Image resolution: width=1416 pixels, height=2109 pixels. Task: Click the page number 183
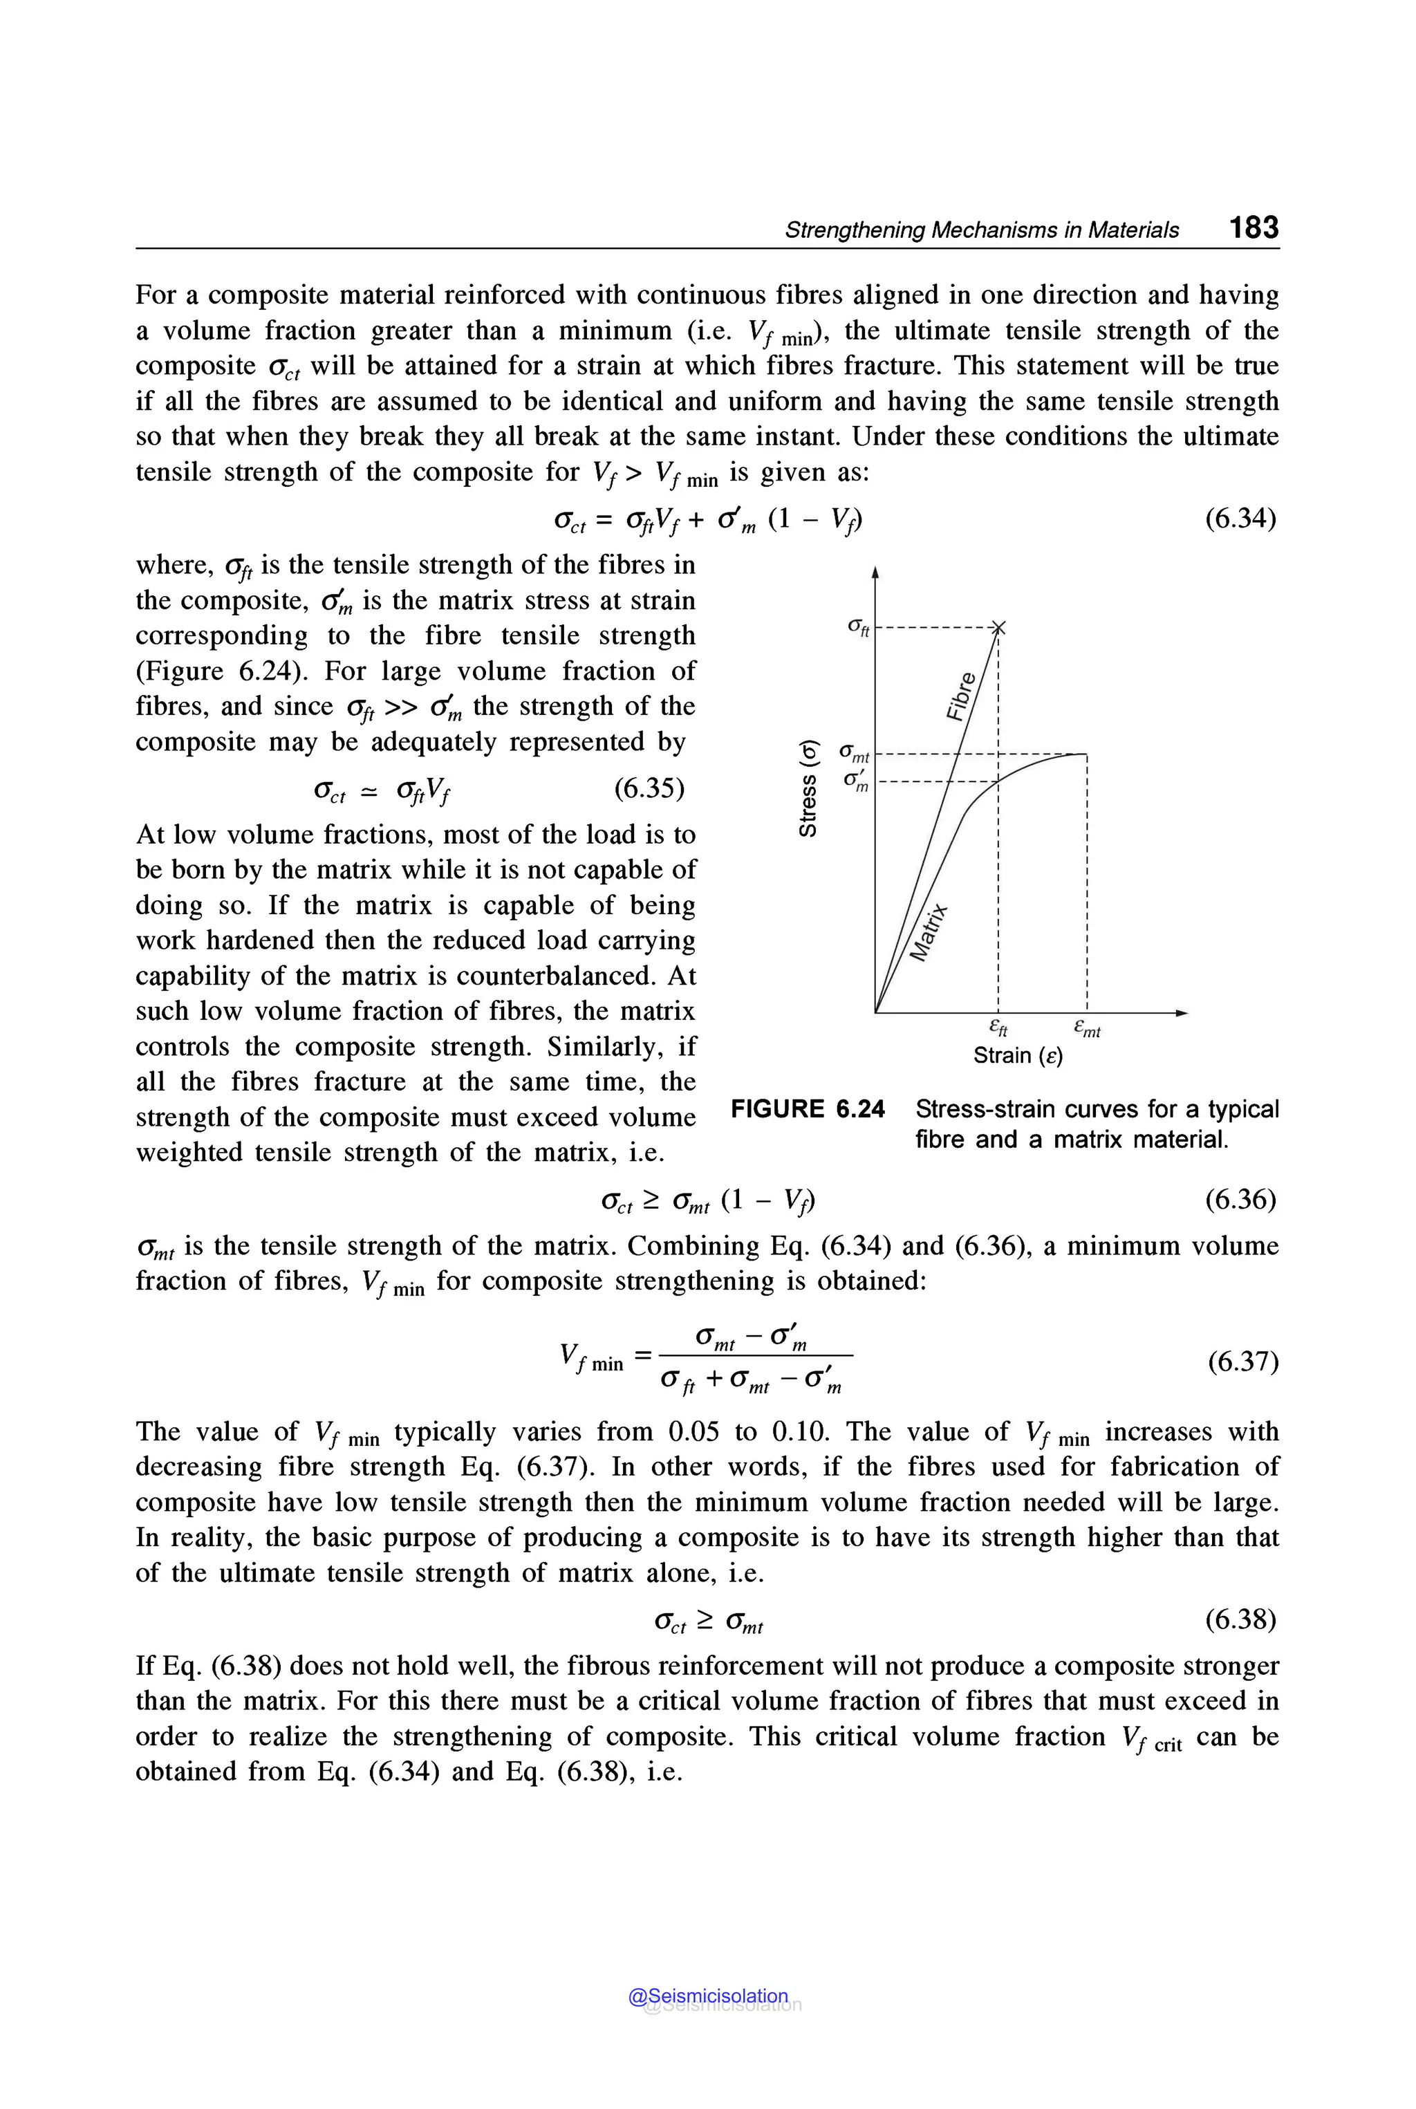1254,227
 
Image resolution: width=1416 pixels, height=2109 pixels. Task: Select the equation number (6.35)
649,788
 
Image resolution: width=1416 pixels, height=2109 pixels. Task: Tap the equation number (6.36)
1241,1200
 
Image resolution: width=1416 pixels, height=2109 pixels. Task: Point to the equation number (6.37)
1242,1361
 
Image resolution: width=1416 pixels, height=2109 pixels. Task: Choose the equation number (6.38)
1241,1619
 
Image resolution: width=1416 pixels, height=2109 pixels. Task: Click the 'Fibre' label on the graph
962,696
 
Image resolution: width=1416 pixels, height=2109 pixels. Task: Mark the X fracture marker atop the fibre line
998,627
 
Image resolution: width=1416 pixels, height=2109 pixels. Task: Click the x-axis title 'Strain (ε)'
1018,1055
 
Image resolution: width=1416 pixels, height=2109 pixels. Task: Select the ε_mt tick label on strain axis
1086,1029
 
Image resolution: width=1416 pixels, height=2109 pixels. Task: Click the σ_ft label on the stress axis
858,627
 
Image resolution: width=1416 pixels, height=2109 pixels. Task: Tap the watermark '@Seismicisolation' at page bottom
708,1996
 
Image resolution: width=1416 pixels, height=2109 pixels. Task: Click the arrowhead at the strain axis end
1180,1012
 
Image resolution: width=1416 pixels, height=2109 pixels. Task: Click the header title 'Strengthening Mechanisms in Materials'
982,230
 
